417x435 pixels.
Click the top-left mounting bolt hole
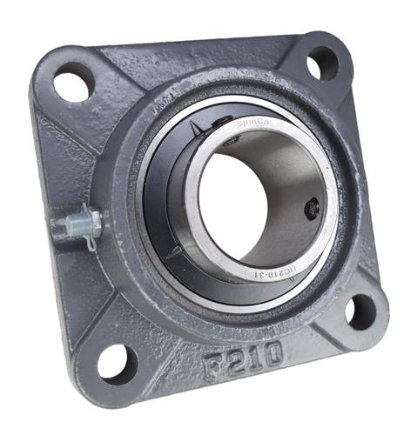(73, 85)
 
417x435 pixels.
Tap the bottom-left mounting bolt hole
(116, 361)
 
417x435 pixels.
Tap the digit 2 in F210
(232, 359)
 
